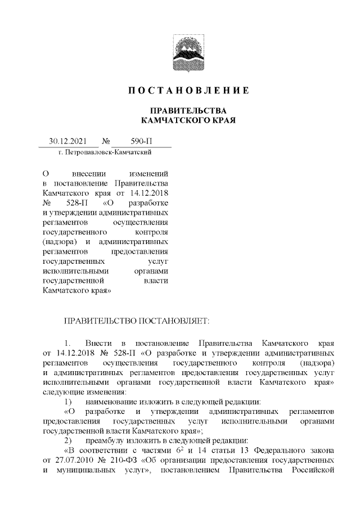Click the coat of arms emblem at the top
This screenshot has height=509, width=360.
click(x=188, y=54)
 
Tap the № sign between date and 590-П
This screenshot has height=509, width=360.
click(x=106, y=142)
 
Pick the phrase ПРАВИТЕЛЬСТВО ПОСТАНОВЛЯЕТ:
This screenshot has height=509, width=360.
click(x=138, y=320)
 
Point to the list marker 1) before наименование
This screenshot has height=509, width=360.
click(x=67, y=401)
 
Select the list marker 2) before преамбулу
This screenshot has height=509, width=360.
click(x=67, y=440)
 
